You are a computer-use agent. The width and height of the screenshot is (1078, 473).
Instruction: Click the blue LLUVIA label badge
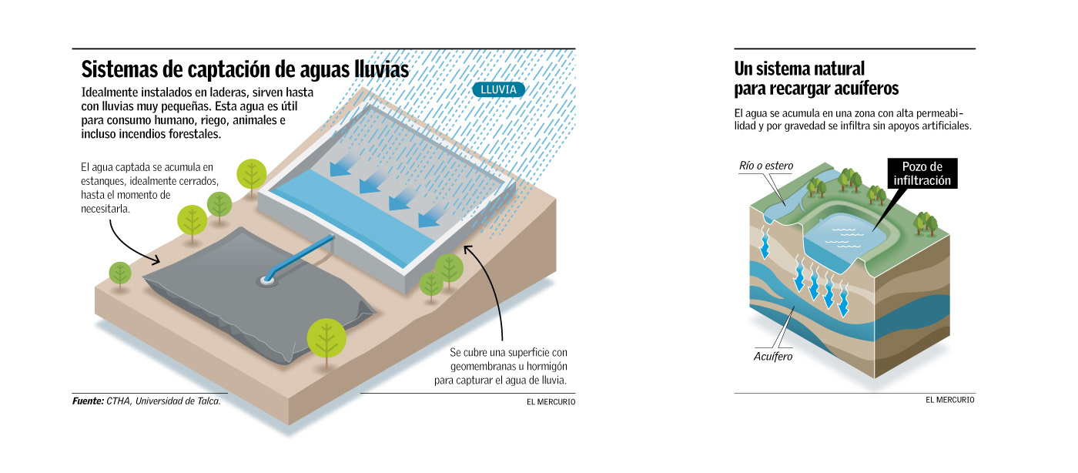click(498, 90)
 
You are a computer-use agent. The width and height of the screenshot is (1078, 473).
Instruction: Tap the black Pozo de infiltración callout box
click(922, 174)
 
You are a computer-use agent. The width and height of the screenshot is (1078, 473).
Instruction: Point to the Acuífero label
click(772, 357)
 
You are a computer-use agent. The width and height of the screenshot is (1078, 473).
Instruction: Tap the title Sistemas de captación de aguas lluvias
click(245, 69)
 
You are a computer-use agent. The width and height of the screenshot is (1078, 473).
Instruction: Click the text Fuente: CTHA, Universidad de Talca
click(146, 401)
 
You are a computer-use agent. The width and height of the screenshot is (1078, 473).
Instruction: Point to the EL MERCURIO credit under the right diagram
click(949, 400)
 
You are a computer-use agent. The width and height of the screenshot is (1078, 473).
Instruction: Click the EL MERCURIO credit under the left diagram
click(551, 401)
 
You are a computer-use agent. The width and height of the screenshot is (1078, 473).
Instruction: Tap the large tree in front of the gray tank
click(327, 337)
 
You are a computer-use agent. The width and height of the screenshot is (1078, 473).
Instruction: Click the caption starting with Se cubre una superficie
click(509, 367)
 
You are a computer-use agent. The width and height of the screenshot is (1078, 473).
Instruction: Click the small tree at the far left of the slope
click(120, 273)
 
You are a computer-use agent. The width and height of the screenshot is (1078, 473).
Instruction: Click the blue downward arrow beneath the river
click(766, 245)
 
